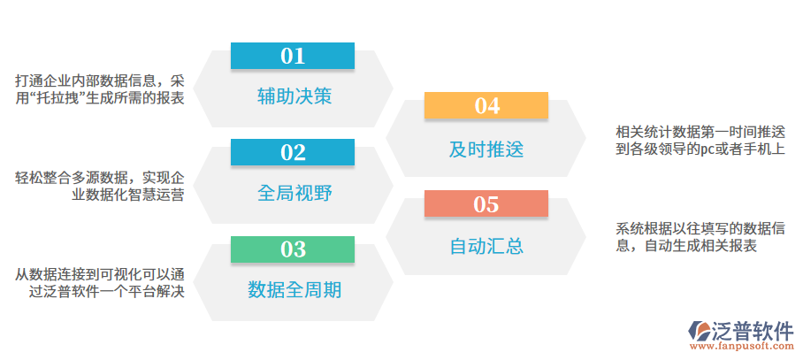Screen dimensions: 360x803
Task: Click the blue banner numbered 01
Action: [x=292, y=57]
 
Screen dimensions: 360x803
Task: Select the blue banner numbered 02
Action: [x=292, y=153]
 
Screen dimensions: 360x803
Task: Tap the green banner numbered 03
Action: [x=292, y=249]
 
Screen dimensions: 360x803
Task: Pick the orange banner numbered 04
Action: [x=486, y=106]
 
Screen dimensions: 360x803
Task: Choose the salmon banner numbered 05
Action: [x=486, y=204]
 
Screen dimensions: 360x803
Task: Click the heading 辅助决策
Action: [x=294, y=96]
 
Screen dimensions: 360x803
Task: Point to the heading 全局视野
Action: [x=294, y=193]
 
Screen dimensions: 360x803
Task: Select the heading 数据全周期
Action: [x=294, y=289]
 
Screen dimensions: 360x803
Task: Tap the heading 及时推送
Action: [x=486, y=149]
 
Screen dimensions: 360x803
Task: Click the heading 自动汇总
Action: [x=486, y=246]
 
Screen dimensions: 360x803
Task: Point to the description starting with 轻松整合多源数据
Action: [x=100, y=187]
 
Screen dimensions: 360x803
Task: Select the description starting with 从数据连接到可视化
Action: [x=100, y=282]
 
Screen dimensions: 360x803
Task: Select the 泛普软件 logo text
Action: [x=753, y=330]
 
